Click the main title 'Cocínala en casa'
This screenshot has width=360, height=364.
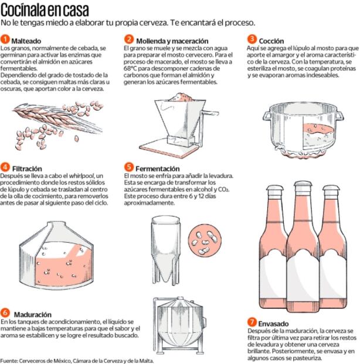[45, 10]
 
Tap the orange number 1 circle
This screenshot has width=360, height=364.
[5, 39]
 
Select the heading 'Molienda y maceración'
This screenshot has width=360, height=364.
[172, 41]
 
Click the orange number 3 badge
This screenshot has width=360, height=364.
[252, 39]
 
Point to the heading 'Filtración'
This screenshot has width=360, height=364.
[27, 168]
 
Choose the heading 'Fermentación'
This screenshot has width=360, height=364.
[158, 168]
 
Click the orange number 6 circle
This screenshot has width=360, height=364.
[5, 313]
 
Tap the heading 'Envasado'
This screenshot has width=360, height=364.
[274, 323]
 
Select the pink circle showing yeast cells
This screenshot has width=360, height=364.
[205, 241]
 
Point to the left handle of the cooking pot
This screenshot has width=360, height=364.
[267, 116]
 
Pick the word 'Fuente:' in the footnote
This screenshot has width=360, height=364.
[10, 360]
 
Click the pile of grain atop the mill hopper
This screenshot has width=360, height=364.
[180, 97]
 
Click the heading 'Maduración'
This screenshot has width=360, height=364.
[33, 315]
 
